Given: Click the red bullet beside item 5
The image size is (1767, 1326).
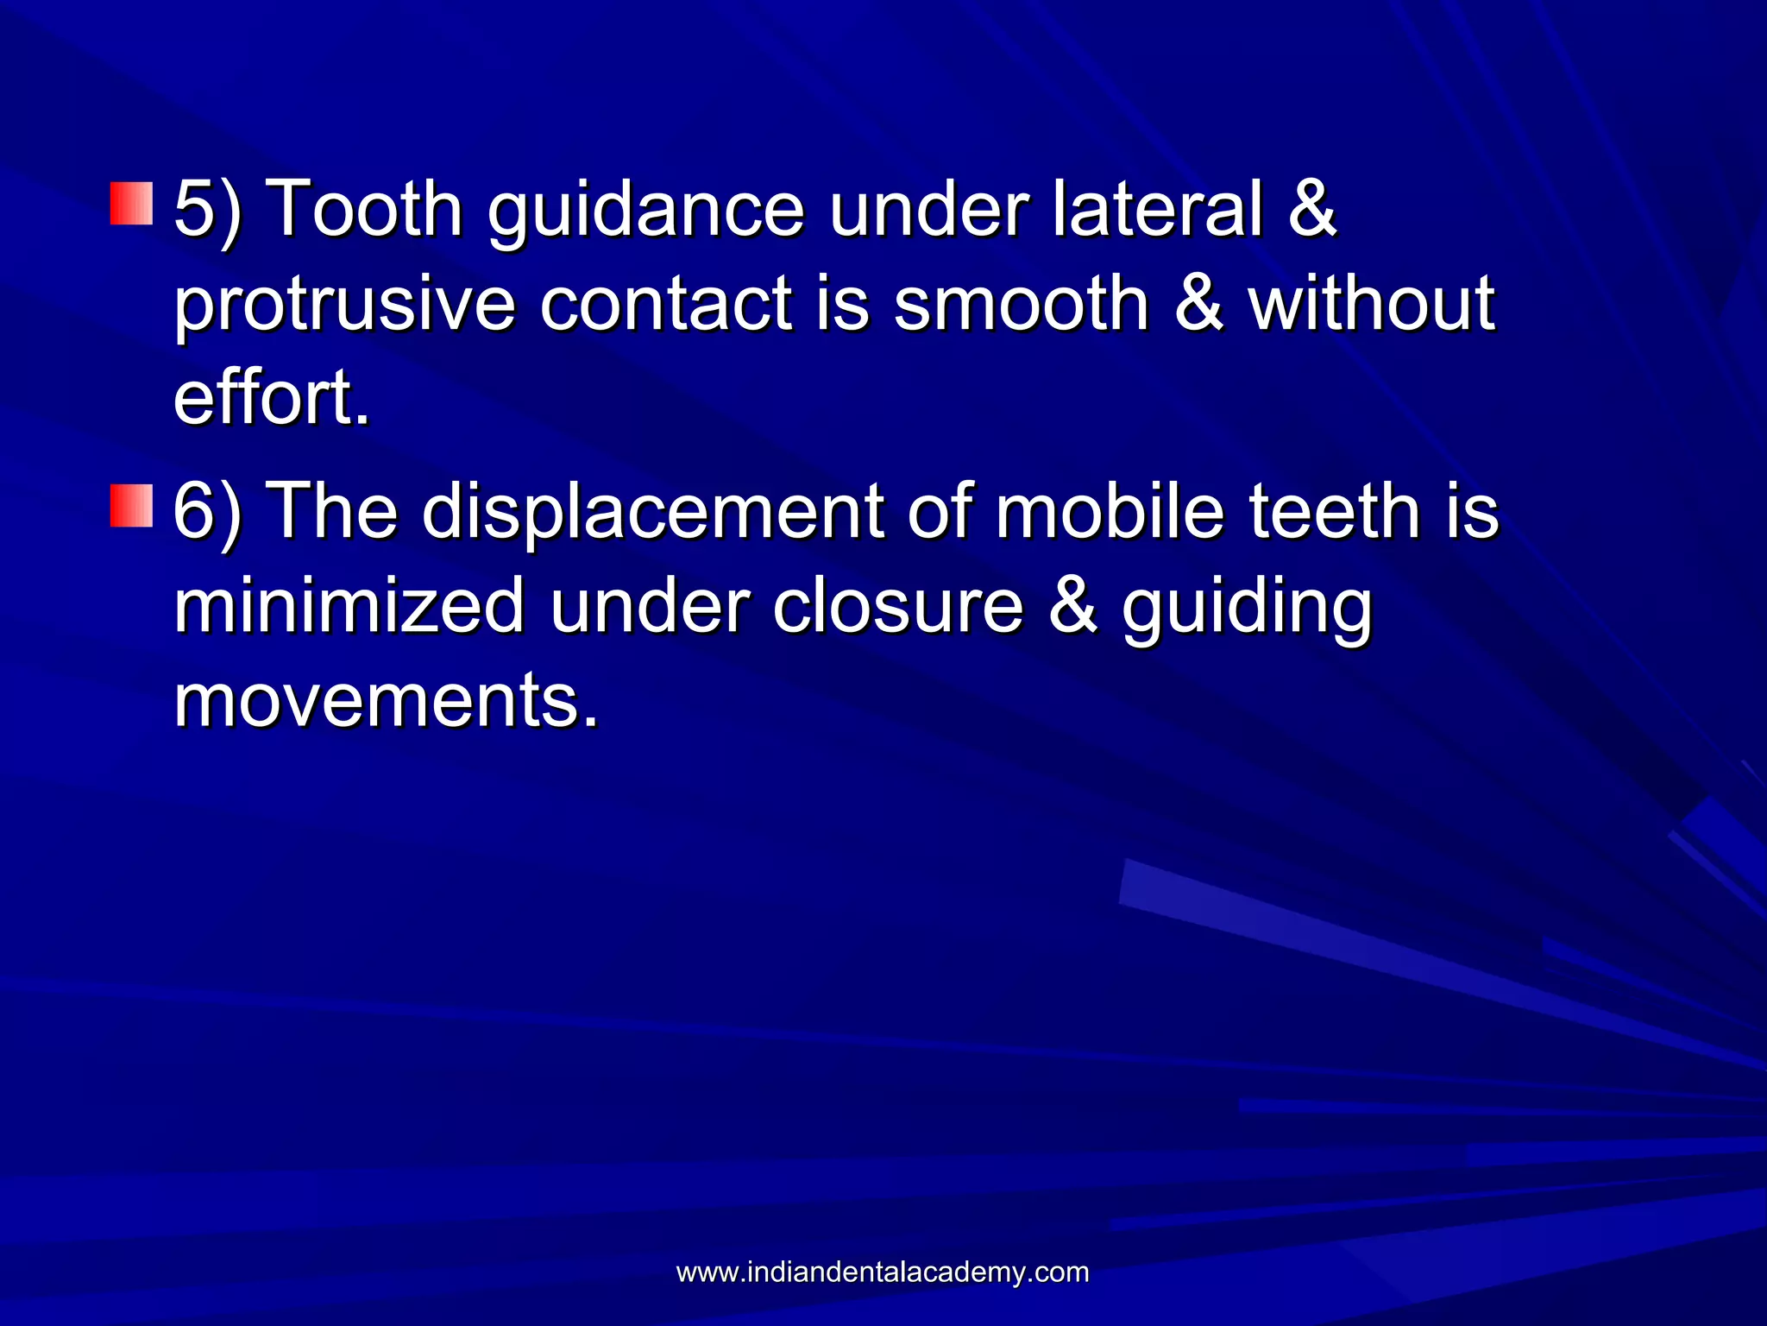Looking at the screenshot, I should point(131,204).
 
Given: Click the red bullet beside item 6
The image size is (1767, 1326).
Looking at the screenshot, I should point(131,506).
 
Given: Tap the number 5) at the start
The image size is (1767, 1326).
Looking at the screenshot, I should point(208,209).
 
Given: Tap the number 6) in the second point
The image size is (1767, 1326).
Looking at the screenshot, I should point(208,511).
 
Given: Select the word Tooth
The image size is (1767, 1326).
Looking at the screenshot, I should point(367,209).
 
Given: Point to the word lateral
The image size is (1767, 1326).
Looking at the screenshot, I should point(1157,209).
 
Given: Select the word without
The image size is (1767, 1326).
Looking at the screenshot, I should point(1372,304).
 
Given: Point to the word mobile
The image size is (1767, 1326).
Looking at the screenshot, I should point(1110,511).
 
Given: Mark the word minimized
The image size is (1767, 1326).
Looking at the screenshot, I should point(349,606).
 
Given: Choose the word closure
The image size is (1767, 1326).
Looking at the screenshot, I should point(898,606).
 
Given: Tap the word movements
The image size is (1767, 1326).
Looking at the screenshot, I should point(386,701).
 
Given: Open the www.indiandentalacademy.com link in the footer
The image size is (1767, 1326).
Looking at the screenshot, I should point(883,1272).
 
